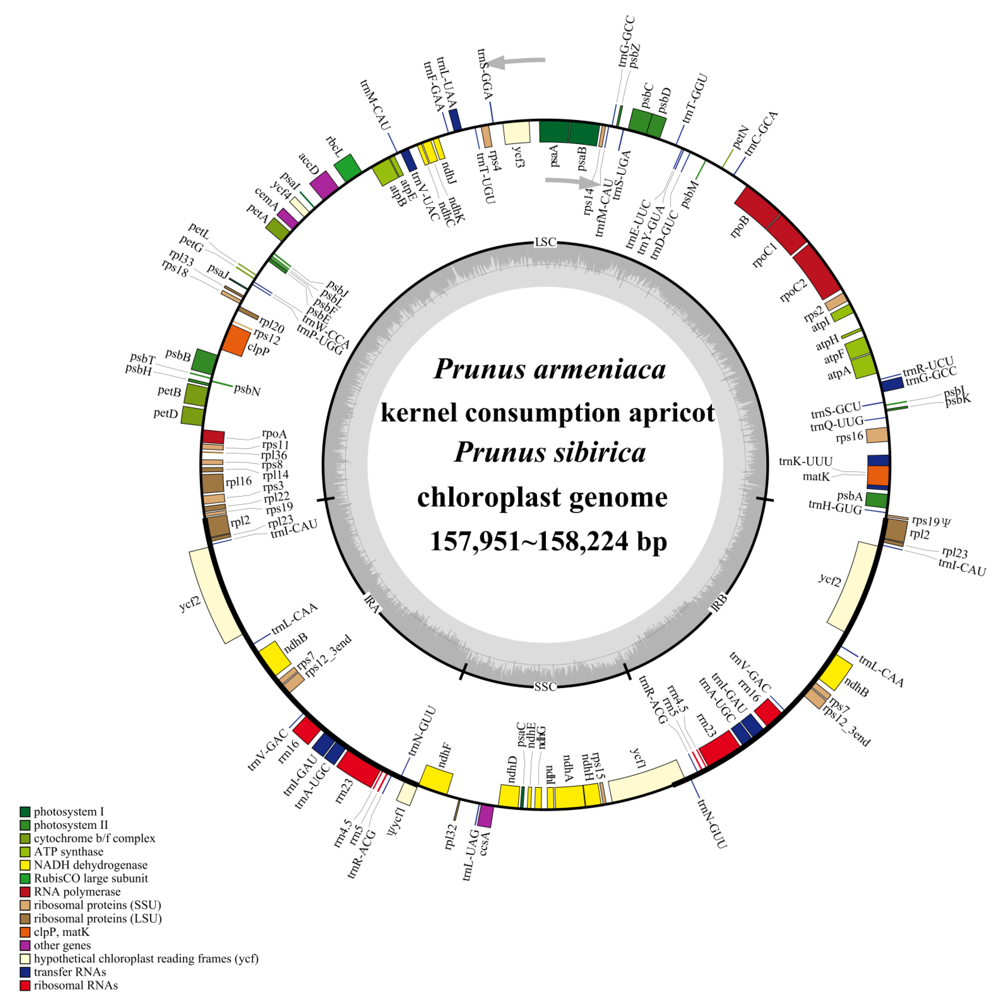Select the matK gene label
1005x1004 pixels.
pyautogui.click(x=816, y=476)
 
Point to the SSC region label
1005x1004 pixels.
pyautogui.click(x=545, y=687)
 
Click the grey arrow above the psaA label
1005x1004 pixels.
pyautogui.click(x=572, y=181)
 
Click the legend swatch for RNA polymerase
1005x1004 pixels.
pyautogui.click(x=25, y=892)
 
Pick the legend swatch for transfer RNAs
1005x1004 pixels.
pyautogui.click(x=25, y=972)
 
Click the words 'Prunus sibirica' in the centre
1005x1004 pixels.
pyautogui.click(x=550, y=453)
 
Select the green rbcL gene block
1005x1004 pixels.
pyautogui.click(x=347, y=167)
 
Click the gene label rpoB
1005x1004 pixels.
pyautogui.click(x=740, y=226)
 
